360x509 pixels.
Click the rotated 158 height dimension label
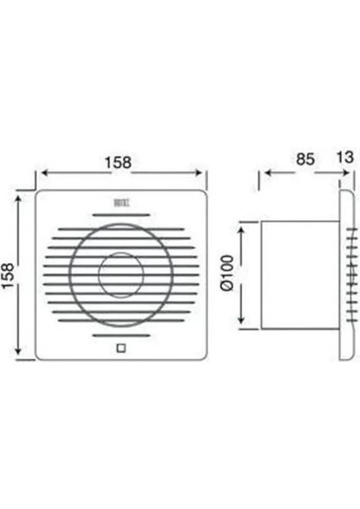click(9, 274)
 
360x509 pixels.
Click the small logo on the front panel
click(119, 203)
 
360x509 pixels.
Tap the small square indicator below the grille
click(119, 346)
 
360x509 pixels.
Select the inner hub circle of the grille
click(119, 274)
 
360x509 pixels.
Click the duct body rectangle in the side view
click(299, 273)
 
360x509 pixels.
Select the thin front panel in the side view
click(346, 273)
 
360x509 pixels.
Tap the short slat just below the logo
click(119, 215)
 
